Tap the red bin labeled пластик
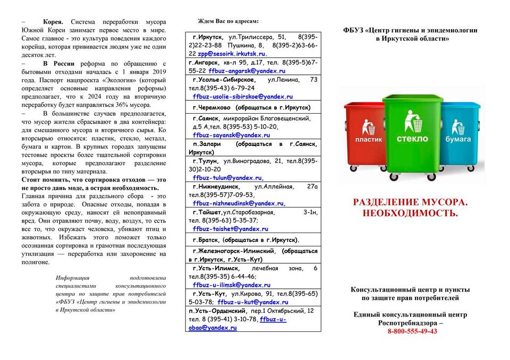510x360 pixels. (x=368, y=133)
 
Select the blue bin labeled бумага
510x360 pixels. (x=458, y=133)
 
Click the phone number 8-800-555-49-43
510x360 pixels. (x=412, y=331)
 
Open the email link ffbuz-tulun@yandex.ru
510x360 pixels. (x=228, y=178)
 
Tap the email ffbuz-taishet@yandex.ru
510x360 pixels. (x=231, y=229)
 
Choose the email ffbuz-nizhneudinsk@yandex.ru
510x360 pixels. (x=239, y=203)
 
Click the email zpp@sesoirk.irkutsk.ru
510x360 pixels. (x=232, y=54)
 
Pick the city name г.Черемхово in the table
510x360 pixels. (x=211, y=107)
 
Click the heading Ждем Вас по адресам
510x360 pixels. (x=228, y=21)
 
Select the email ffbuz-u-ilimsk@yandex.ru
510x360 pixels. (x=232, y=285)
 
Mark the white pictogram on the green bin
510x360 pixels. (x=412, y=121)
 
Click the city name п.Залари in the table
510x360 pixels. (x=207, y=144)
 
